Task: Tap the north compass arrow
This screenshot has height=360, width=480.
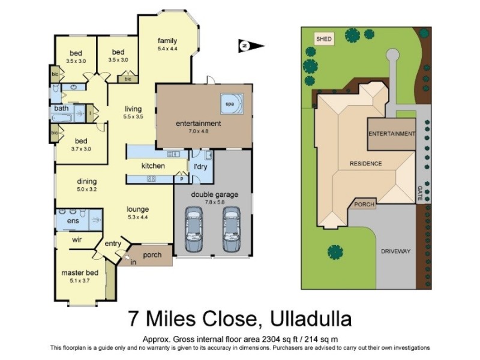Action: tap(251, 46)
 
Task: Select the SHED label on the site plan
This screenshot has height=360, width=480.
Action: tap(324, 39)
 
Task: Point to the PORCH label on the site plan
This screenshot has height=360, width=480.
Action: tap(365, 205)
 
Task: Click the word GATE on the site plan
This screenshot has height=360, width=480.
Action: tap(419, 192)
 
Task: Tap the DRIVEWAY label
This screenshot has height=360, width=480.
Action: tap(396, 251)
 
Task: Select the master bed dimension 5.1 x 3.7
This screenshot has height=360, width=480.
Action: tap(75, 280)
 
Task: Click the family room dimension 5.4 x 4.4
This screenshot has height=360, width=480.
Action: tap(168, 48)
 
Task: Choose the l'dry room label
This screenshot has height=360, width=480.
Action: tap(199, 166)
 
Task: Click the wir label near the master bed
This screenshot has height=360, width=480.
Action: tap(77, 239)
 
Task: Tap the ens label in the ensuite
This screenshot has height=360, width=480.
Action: tap(73, 221)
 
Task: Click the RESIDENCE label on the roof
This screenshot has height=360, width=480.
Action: tap(366, 163)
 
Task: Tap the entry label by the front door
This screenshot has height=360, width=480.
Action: tap(113, 244)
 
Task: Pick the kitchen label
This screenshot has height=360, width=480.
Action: tap(153, 165)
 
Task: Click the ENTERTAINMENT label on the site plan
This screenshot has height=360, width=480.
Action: tap(391, 134)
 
